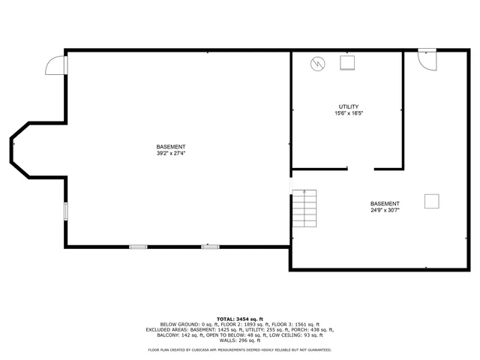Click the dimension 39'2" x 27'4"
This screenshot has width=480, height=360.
171,153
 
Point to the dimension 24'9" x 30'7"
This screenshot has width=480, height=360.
385,210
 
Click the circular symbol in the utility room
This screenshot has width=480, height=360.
318,64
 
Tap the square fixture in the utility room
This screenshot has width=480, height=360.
348,63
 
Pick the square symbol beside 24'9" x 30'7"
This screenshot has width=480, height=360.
432,201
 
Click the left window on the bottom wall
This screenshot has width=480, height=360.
138,246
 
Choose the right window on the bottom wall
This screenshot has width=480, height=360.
210,246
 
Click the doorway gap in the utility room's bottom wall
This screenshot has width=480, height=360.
361,169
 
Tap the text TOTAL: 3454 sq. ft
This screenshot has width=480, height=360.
240,319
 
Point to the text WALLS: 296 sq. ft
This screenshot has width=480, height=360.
240,340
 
